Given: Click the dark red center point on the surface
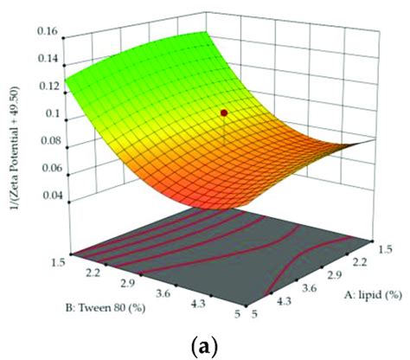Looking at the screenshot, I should [x=225, y=112].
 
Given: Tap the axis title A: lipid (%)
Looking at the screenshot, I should [x=352, y=293].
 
